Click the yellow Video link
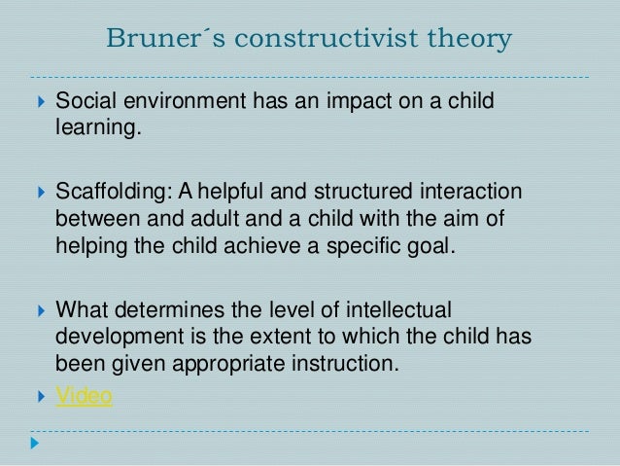tap(85, 396)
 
